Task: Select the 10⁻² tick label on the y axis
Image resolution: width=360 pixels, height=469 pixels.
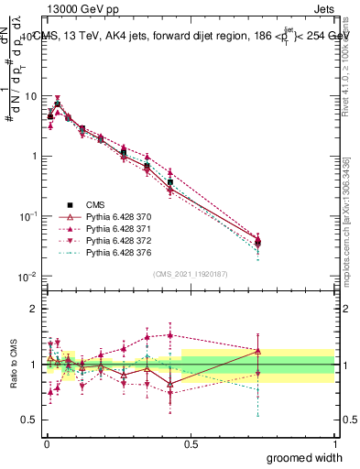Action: tap(27, 276)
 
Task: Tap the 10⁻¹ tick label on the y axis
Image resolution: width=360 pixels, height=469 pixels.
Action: tap(27, 216)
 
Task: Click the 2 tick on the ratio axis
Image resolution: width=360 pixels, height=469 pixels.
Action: tap(33, 309)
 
